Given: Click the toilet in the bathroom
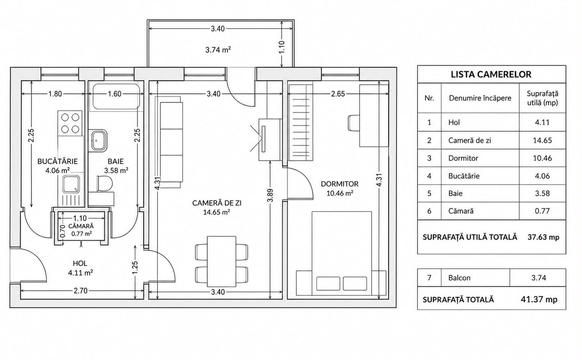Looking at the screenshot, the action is click(104, 183).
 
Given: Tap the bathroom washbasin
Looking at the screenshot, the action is click(99, 141).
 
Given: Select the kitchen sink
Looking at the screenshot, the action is click(71, 184).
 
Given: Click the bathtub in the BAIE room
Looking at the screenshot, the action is click(116, 96).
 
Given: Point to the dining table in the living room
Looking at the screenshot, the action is click(222, 261).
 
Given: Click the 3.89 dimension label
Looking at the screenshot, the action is click(270, 195).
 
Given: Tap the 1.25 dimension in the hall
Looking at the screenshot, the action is click(135, 268).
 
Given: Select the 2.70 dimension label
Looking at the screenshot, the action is click(80, 291).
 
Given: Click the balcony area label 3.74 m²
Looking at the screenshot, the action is click(218, 50).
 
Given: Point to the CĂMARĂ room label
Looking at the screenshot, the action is click(81, 226).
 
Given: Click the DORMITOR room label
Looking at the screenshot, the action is click(339, 184).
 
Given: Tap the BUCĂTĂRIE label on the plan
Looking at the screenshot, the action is click(57, 161).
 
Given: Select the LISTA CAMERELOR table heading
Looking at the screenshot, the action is click(491, 75).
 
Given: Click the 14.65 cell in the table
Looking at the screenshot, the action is click(543, 140).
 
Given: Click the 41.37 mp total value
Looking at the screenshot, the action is click(539, 299).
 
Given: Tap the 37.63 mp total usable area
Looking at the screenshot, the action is click(543, 237).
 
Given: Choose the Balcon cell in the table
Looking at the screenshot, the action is click(459, 278).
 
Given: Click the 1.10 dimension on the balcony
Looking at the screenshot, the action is click(282, 47).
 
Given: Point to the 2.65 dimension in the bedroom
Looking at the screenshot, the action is click(338, 94).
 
